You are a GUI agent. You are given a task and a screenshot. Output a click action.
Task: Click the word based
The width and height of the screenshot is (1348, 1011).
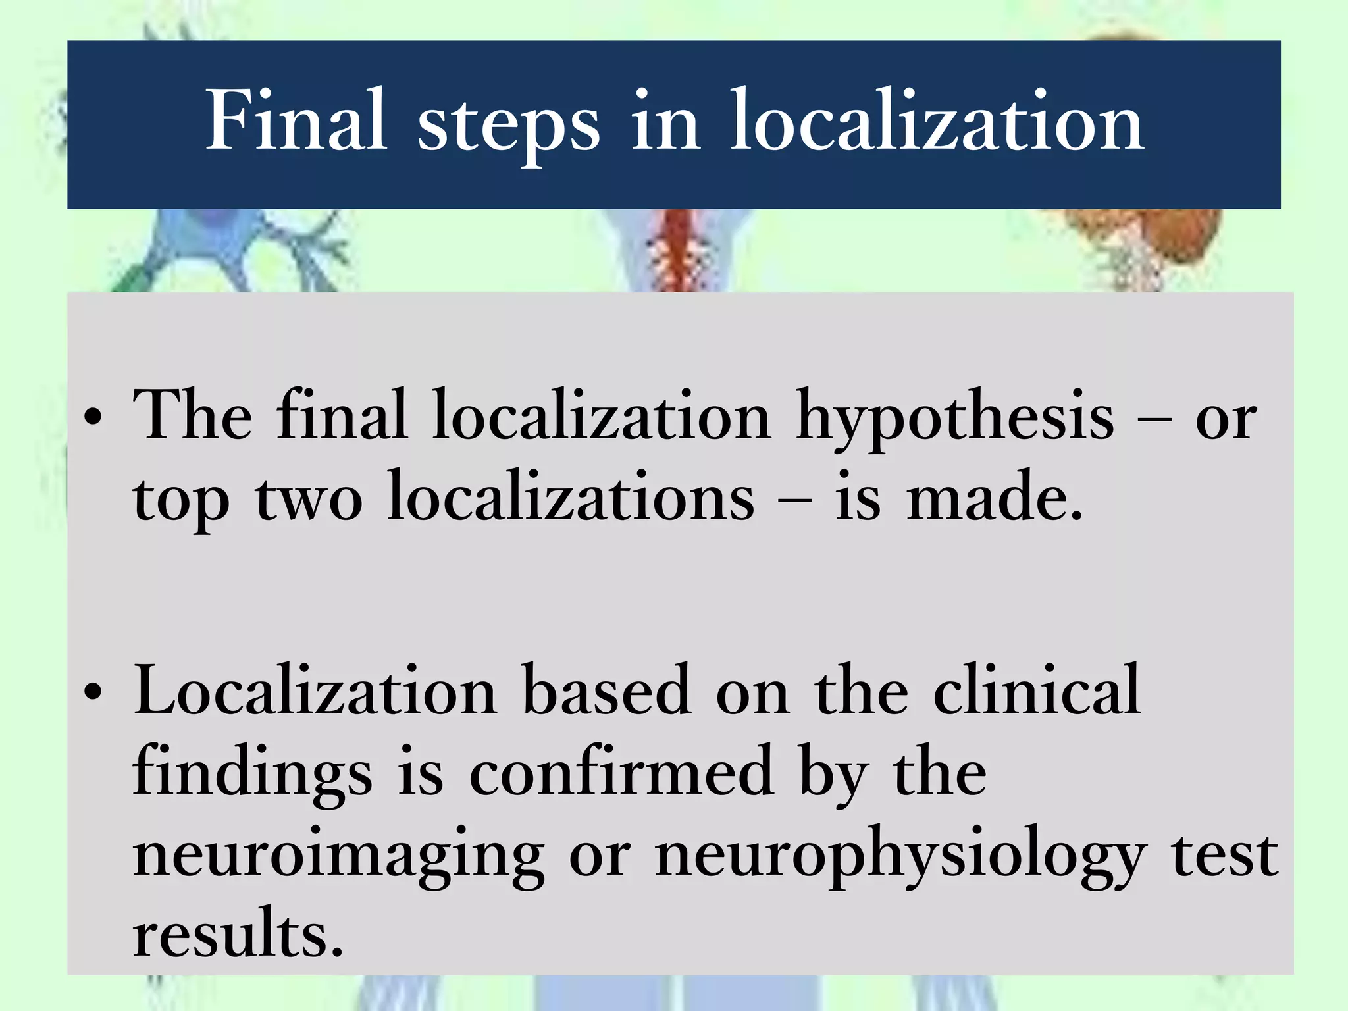click(606, 690)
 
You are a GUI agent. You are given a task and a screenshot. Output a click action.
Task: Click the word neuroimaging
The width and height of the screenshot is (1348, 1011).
click(339, 856)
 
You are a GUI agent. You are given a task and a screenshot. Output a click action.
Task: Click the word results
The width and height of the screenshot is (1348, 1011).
click(238, 934)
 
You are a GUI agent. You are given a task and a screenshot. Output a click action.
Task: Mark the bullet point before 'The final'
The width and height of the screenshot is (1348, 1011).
click(94, 418)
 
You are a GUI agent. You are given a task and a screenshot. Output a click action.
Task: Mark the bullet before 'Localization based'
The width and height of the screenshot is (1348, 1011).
click(94, 692)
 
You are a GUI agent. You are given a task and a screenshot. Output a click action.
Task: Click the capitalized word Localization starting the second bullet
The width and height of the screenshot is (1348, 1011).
click(315, 690)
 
